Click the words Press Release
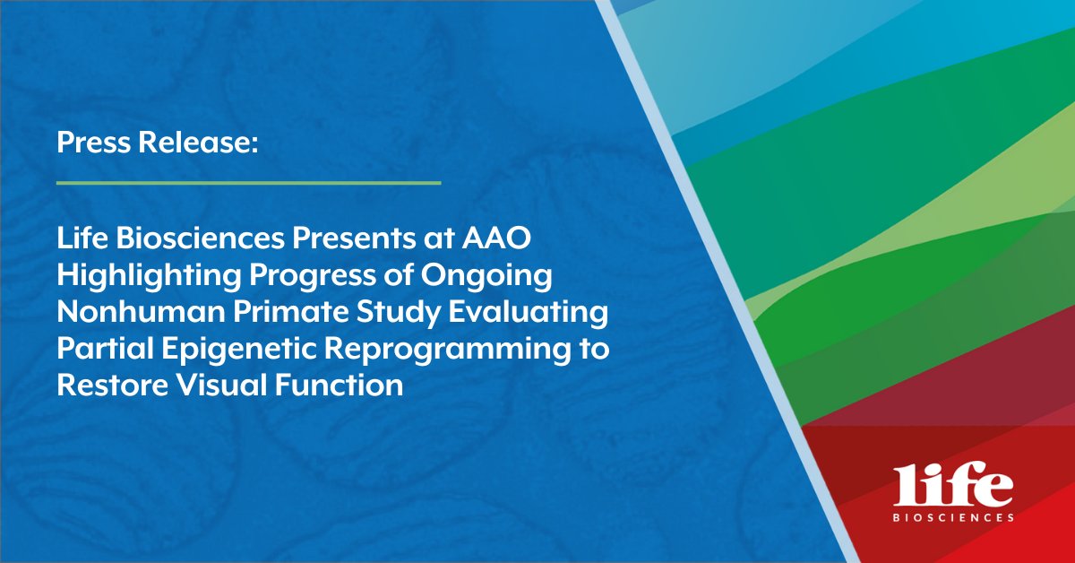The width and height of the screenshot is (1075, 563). (x=158, y=143)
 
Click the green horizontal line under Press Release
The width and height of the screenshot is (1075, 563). (x=249, y=183)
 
